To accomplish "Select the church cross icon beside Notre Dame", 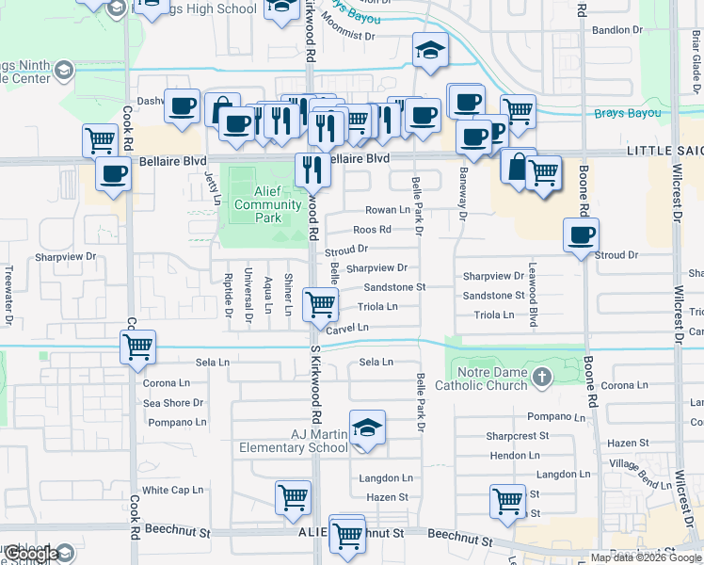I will pyautogui.click(x=540, y=378).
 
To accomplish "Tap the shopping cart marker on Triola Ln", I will pyautogui.click(x=320, y=304).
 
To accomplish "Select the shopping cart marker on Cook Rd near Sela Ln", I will pyautogui.click(x=138, y=347).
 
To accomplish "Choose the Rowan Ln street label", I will pyautogui.click(x=388, y=210).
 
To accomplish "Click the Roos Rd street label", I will pyautogui.click(x=372, y=230).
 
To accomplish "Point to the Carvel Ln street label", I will pyautogui.click(x=347, y=327).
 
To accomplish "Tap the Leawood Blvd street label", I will pyautogui.click(x=533, y=294).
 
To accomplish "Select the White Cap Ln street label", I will pyautogui.click(x=173, y=490).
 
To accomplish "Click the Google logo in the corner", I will pyautogui.click(x=30, y=554).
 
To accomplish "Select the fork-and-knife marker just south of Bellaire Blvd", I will pyautogui.click(x=312, y=169).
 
